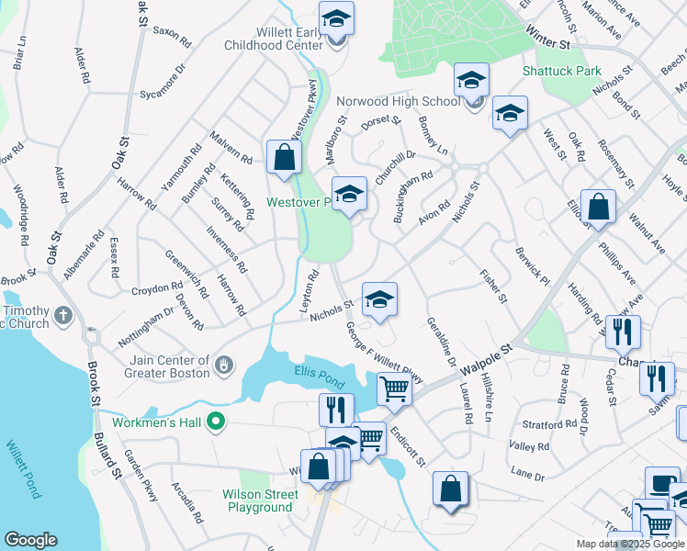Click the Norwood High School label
(398, 101)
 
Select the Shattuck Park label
(561, 71)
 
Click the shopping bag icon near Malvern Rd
(285, 157)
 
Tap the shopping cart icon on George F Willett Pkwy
(394, 388)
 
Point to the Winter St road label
(548, 38)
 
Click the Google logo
(30, 540)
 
